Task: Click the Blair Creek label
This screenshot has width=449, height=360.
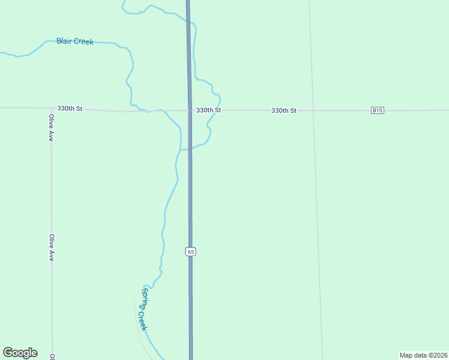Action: click(75, 41)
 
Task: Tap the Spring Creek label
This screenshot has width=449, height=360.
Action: click(144, 309)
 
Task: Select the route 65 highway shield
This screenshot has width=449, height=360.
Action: click(190, 251)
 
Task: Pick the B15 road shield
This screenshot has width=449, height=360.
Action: click(377, 110)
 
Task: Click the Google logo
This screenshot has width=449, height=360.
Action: click(20, 353)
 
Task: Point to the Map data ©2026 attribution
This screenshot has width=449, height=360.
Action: click(423, 355)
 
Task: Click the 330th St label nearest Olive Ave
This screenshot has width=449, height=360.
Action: click(70, 109)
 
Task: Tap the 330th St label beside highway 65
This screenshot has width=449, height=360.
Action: click(209, 110)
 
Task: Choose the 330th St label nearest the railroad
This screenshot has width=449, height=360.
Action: click(284, 110)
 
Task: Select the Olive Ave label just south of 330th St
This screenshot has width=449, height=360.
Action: click(51, 128)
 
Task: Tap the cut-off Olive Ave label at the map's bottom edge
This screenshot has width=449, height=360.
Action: click(53, 357)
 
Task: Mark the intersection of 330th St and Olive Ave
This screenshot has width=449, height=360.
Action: click(51, 108)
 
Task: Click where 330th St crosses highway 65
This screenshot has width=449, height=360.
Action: click(190, 110)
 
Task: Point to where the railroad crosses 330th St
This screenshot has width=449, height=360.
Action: click(313, 110)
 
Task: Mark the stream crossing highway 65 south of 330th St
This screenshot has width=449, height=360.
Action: click(190, 149)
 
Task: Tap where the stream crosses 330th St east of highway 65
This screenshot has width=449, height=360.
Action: click(214, 110)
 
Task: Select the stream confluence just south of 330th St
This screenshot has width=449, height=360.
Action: click(180, 149)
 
